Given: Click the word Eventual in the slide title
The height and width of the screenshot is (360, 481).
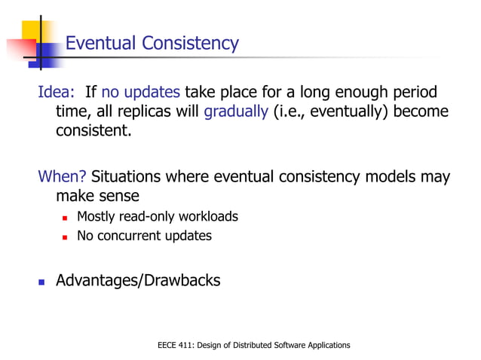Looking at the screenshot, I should pos(100,43).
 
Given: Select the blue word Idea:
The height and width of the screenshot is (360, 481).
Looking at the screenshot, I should pos(57,93).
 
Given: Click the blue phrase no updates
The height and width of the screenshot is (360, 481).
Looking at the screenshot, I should pos(141,93).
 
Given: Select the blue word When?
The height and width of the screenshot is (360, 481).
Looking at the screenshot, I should pos(63,178).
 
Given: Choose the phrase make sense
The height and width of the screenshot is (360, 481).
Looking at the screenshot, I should pos(97,197).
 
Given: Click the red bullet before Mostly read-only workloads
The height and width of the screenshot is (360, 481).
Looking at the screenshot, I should pos(66,218).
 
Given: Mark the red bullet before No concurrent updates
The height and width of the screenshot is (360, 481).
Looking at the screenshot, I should pos(66,236).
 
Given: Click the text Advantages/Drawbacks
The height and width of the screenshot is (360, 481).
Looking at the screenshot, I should pos(139,281).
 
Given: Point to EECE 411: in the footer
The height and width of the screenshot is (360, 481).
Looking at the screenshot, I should pos(174,345).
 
